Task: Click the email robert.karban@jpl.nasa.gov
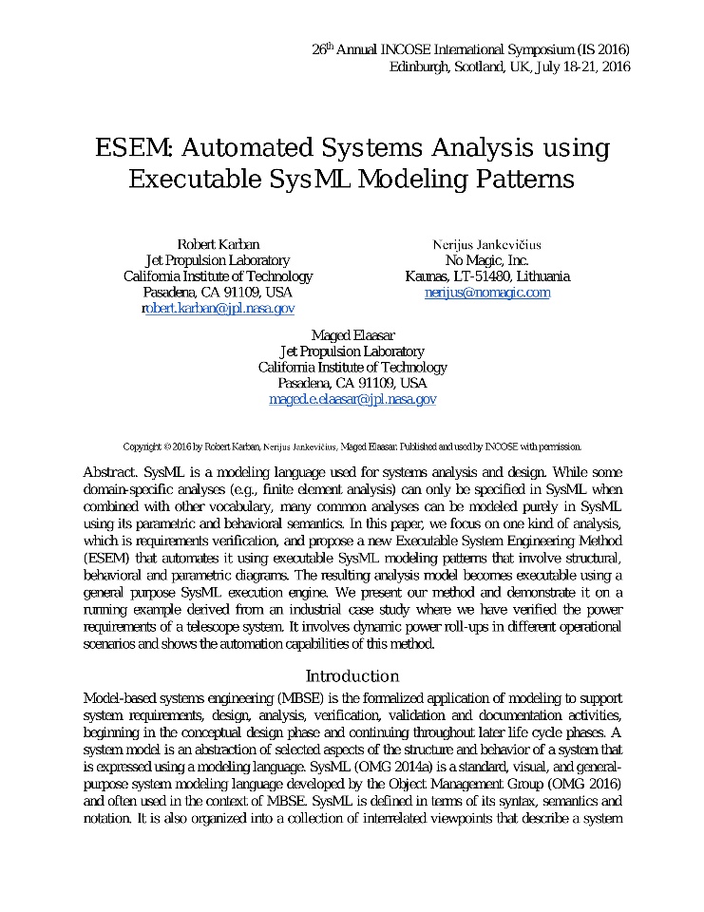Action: pyautogui.click(x=218, y=309)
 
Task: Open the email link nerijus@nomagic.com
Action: pyautogui.click(x=487, y=293)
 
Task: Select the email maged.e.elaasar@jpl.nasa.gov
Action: pyautogui.click(x=352, y=400)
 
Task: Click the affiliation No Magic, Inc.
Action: pyautogui.click(x=487, y=260)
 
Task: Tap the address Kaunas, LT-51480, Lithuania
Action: pyautogui.click(x=487, y=276)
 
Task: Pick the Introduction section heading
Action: pyautogui.click(x=352, y=676)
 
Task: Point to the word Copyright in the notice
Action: pyautogui.click(x=142, y=446)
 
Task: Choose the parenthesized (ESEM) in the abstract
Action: pyautogui.click(x=106, y=559)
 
